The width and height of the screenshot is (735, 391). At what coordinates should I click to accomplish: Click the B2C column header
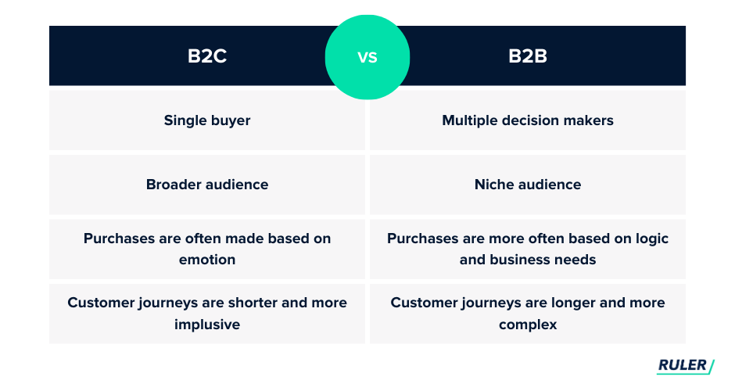[207, 56]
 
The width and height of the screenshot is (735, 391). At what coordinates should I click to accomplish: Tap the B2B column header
[528, 56]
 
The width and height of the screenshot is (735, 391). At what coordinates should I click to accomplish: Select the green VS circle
[367, 57]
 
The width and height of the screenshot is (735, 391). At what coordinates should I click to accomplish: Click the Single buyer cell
[207, 120]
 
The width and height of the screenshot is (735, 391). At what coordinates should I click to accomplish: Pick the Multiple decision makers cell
[528, 120]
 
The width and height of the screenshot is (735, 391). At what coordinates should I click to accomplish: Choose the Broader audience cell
[207, 185]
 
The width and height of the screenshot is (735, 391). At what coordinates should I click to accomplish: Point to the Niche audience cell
[528, 185]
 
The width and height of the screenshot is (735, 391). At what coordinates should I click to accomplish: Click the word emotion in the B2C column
[207, 260]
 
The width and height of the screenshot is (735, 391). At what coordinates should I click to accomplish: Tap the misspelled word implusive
[207, 325]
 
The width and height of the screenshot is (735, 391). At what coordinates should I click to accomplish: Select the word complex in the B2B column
[528, 325]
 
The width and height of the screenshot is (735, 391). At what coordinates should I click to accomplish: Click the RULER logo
[685, 366]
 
